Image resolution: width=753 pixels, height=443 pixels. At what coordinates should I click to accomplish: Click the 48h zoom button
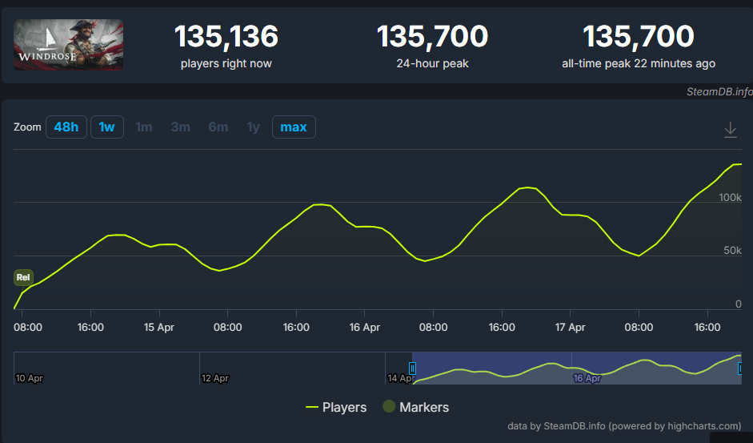coord(66,127)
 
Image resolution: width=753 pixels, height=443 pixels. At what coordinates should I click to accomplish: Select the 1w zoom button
coord(107,127)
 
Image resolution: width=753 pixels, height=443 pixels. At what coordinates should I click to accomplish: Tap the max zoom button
coord(294,127)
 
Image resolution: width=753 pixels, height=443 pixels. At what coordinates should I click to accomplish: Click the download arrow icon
coord(731,130)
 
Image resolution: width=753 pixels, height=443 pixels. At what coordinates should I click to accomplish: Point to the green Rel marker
coord(23,277)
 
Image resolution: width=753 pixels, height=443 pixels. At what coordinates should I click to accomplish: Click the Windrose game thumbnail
coord(68,45)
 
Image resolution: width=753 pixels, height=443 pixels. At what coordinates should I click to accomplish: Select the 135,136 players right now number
coord(226,37)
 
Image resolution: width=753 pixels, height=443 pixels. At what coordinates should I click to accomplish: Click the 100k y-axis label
coord(730,197)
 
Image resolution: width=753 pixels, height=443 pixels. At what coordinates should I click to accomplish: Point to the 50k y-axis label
coord(732,251)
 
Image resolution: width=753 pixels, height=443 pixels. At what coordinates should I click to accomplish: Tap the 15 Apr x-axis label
coord(159,328)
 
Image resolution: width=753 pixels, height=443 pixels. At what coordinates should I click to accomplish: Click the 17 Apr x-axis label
coord(570,328)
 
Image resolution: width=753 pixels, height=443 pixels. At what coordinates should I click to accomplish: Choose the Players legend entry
coord(336,408)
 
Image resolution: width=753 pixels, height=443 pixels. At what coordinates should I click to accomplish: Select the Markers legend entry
coord(416,407)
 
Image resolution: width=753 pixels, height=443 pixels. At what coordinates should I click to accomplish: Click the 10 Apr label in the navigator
coord(30,379)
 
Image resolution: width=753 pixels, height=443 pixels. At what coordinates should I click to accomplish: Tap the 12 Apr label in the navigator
coord(215,379)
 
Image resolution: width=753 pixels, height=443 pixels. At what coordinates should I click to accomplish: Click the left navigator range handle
coord(412,368)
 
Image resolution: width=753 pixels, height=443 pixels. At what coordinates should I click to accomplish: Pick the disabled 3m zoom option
coord(181,127)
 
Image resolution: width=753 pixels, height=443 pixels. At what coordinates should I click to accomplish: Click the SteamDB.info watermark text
coord(719,92)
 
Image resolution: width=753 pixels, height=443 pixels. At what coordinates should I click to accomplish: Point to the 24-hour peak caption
coord(433,63)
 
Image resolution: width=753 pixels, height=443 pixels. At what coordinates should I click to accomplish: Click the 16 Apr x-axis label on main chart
coord(364,328)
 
